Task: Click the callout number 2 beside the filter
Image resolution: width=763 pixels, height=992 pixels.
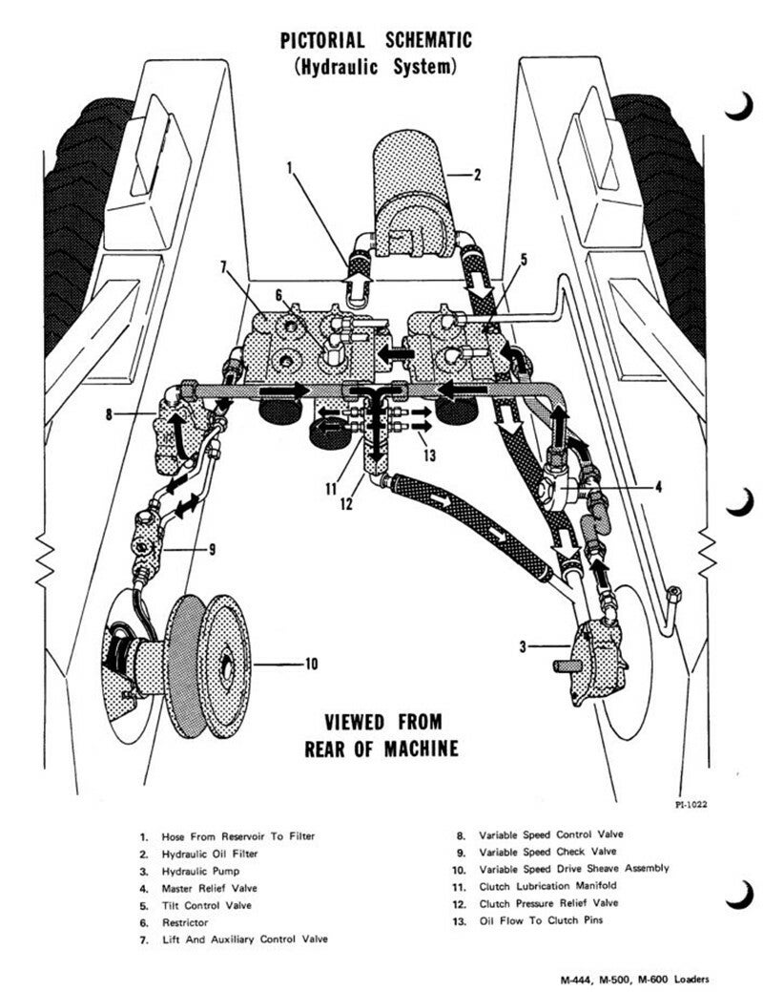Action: [479, 174]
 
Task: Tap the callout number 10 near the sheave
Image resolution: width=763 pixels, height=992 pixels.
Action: [311, 665]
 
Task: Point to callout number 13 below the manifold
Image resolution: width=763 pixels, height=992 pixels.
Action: [430, 455]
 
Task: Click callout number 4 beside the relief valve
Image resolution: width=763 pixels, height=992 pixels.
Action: [658, 486]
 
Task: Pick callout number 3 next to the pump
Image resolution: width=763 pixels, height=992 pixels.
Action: [523, 647]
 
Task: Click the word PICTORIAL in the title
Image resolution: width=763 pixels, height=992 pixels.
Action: [322, 40]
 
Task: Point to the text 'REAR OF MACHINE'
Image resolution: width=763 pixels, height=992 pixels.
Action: [381, 747]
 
